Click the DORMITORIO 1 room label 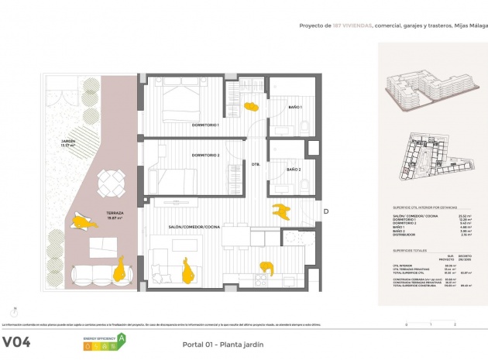pos(206,125)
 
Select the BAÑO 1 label pos(295,107)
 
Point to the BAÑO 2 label pos(294,170)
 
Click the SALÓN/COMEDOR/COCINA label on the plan pos(195,226)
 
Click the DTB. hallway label pos(255,163)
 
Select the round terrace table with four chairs pos(110,183)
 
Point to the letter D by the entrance pos(326,211)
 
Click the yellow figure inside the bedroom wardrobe pos(251,107)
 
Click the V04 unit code pos(16,341)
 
